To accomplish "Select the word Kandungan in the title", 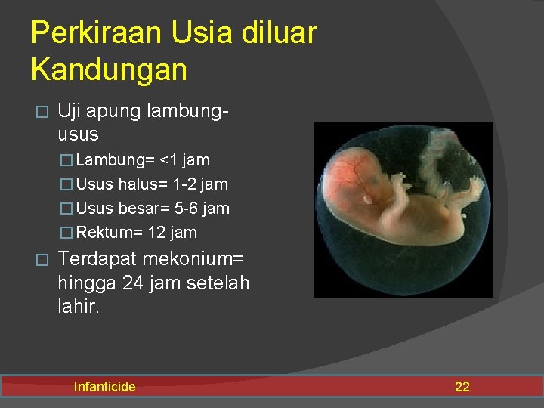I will pos(109,70).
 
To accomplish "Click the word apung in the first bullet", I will pos(113,112).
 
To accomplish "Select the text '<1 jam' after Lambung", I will pos(185,159).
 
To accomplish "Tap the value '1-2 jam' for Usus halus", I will pos(200,184).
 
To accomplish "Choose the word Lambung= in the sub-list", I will pos(116,159).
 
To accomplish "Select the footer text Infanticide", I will pos(104,387).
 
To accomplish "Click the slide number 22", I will pos(462,387).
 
